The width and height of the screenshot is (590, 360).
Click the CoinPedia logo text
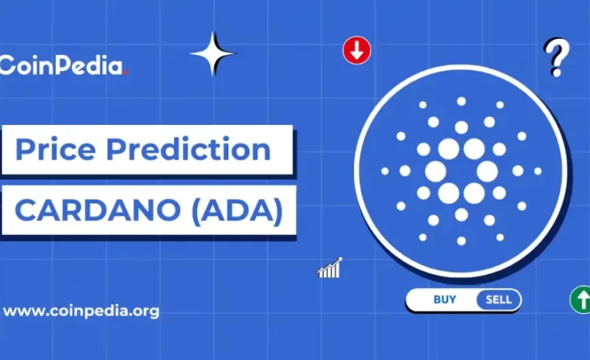point(62,65)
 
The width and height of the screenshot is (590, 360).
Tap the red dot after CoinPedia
point(126,73)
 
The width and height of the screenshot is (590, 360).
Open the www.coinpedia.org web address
point(81,311)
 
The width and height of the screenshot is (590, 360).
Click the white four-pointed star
point(212,54)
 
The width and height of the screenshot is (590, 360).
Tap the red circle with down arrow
point(356,51)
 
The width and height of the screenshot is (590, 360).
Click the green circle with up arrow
point(580,300)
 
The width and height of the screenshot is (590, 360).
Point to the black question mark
point(555,57)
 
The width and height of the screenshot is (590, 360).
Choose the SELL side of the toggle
point(499,299)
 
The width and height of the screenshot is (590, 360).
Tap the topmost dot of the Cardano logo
point(461,101)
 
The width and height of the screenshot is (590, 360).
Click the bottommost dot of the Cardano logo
point(461,240)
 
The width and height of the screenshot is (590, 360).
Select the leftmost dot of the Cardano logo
point(384,171)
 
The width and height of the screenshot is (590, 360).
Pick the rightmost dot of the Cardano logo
point(538,171)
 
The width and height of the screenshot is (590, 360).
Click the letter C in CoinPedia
point(7,65)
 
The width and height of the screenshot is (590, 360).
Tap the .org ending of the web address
point(144,311)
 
